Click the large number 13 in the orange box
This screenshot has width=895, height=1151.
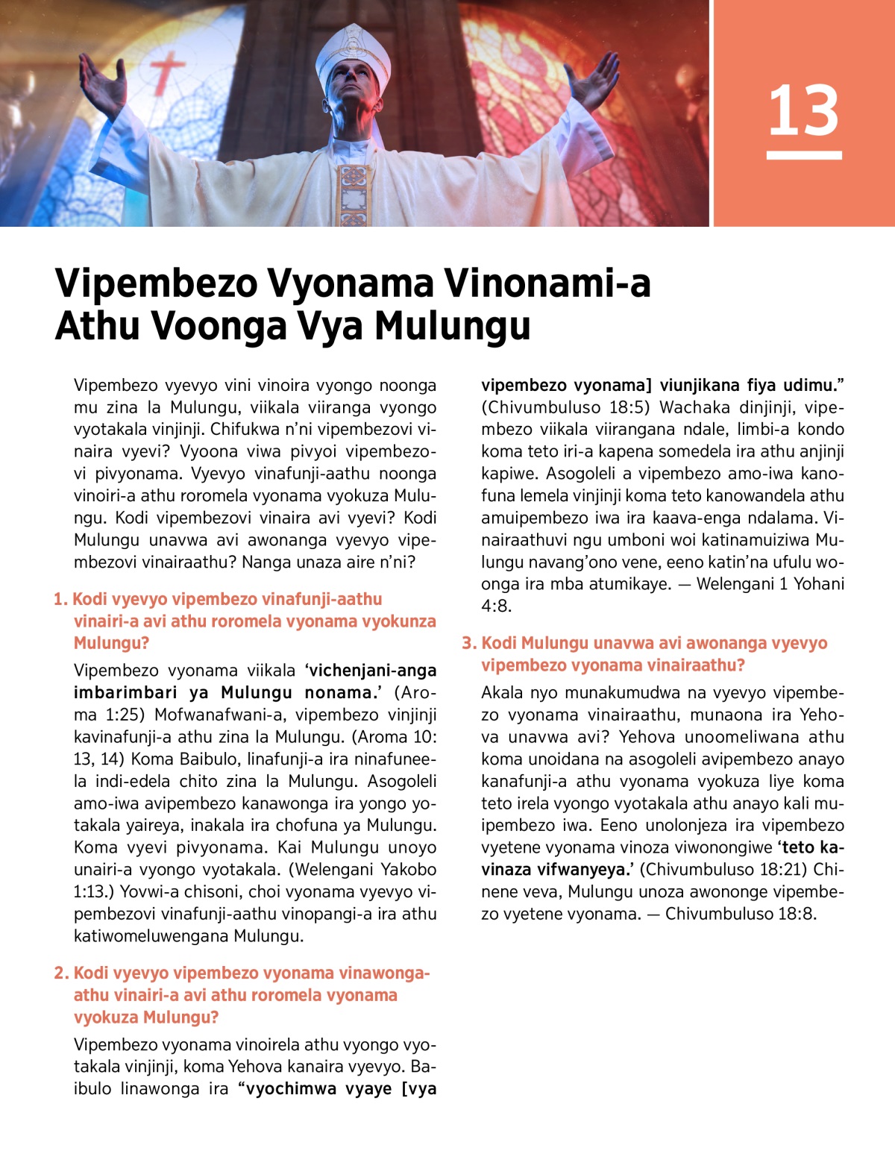[803, 110]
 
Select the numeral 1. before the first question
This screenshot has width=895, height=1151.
[60, 599]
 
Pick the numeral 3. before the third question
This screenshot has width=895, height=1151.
[469, 643]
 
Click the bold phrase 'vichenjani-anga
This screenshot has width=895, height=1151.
[371, 671]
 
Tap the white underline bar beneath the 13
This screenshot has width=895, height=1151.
[804, 155]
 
